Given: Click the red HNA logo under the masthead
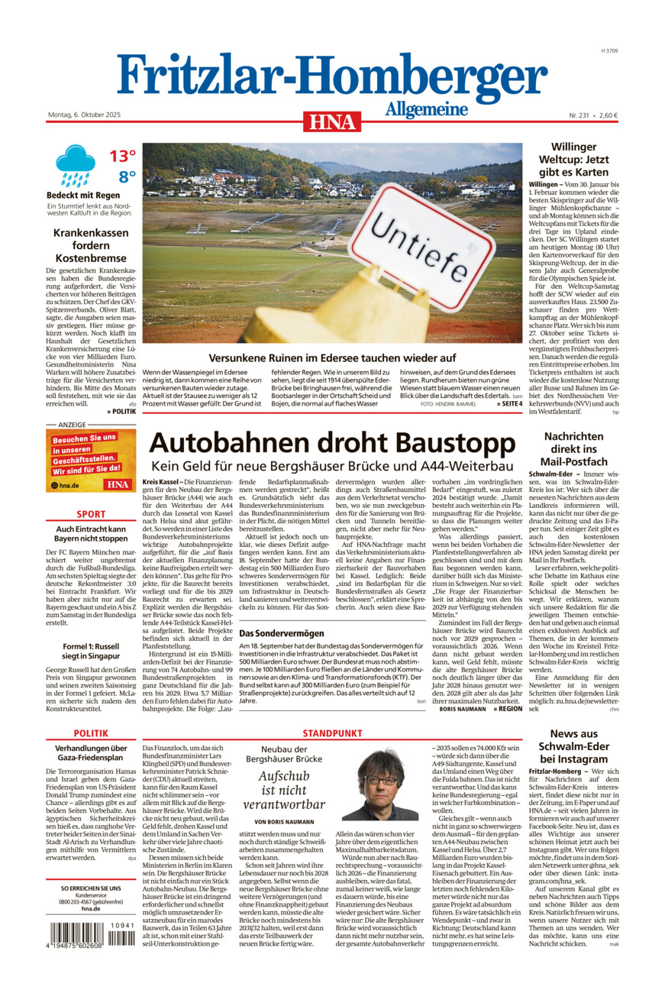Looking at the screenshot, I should (332, 121).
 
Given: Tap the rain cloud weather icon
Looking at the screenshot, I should (76, 166).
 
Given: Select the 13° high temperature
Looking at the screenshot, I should (122, 157).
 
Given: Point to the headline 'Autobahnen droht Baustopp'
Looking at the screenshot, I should (332, 444).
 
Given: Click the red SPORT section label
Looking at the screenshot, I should (91, 515).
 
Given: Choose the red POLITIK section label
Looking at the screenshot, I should (91, 733).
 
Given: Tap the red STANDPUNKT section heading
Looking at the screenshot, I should (332, 733).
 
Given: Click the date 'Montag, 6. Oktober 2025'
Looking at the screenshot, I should (84, 115).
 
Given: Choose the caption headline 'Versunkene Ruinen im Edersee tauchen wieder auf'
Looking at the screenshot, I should (332, 357).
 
